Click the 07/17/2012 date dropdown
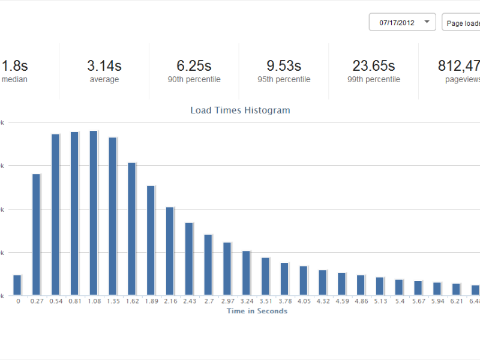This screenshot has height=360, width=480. [x=402, y=23]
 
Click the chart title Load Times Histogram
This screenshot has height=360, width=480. [x=240, y=110]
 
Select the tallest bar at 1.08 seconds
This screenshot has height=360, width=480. [x=94, y=213]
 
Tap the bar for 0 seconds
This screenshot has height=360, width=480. [x=17, y=285]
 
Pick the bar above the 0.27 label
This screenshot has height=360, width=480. [x=37, y=235]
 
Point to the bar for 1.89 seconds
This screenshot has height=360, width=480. [x=151, y=241]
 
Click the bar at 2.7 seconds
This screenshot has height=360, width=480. [x=208, y=265]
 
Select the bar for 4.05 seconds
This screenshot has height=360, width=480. [x=304, y=280]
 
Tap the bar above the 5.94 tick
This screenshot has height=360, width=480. [x=437, y=289]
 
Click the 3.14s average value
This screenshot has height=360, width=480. [x=104, y=65]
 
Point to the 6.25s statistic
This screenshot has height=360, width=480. [x=194, y=65]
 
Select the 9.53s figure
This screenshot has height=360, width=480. [x=284, y=65]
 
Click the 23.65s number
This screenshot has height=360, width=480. [x=374, y=65]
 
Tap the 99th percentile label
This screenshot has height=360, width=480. [x=374, y=79]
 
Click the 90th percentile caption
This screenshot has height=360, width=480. [x=194, y=79]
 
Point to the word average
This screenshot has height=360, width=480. [x=104, y=79]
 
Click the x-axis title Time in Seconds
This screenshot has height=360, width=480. [x=257, y=311]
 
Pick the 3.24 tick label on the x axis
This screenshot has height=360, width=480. [x=247, y=301]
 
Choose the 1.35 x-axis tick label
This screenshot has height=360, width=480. [x=113, y=301]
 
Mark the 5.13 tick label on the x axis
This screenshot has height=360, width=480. [x=380, y=301]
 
